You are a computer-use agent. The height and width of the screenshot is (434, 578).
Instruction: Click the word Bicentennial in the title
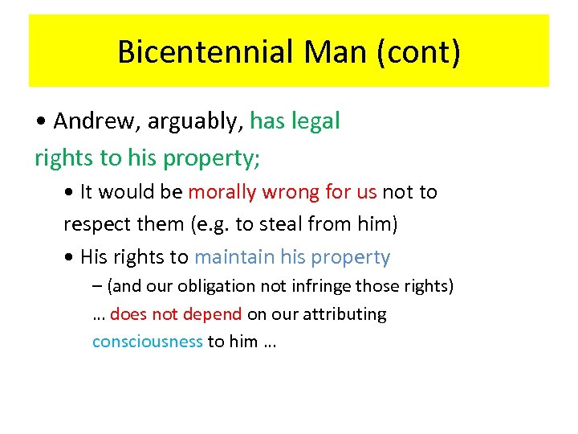[x=206, y=52]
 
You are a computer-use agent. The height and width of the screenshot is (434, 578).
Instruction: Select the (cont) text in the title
[x=425, y=52]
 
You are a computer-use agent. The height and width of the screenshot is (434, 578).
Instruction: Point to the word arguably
[x=189, y=122]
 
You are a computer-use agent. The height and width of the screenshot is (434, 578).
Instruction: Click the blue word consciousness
[x=148, y=342]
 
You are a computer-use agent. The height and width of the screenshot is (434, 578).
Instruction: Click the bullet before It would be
[x=70, y=193]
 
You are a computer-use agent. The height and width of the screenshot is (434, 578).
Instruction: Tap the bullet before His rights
[x=70, y=258]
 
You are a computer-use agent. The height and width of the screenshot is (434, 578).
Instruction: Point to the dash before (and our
[x=97, y=286]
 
